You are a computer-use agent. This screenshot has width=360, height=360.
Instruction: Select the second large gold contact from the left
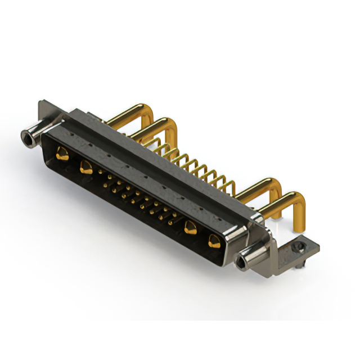coord(86,166)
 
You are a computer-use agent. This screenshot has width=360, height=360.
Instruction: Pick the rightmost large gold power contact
coord(214,241)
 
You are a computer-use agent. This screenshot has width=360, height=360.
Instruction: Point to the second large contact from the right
coord(190,227)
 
